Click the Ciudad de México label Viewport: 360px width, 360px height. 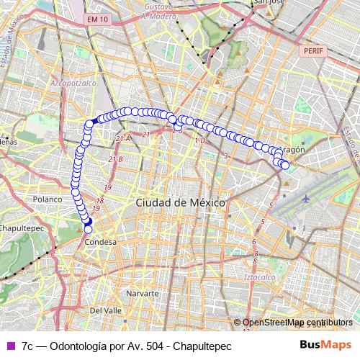180,203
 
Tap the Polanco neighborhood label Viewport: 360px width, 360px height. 49,198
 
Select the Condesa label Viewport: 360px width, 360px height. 100,243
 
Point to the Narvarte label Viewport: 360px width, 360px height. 142,294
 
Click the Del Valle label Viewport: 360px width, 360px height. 106,310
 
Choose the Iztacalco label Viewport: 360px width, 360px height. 261,276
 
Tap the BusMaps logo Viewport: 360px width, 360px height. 325,344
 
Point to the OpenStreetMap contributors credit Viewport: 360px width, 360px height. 297,323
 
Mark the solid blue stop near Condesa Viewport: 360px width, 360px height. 89,229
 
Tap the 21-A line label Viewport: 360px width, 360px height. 122,138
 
